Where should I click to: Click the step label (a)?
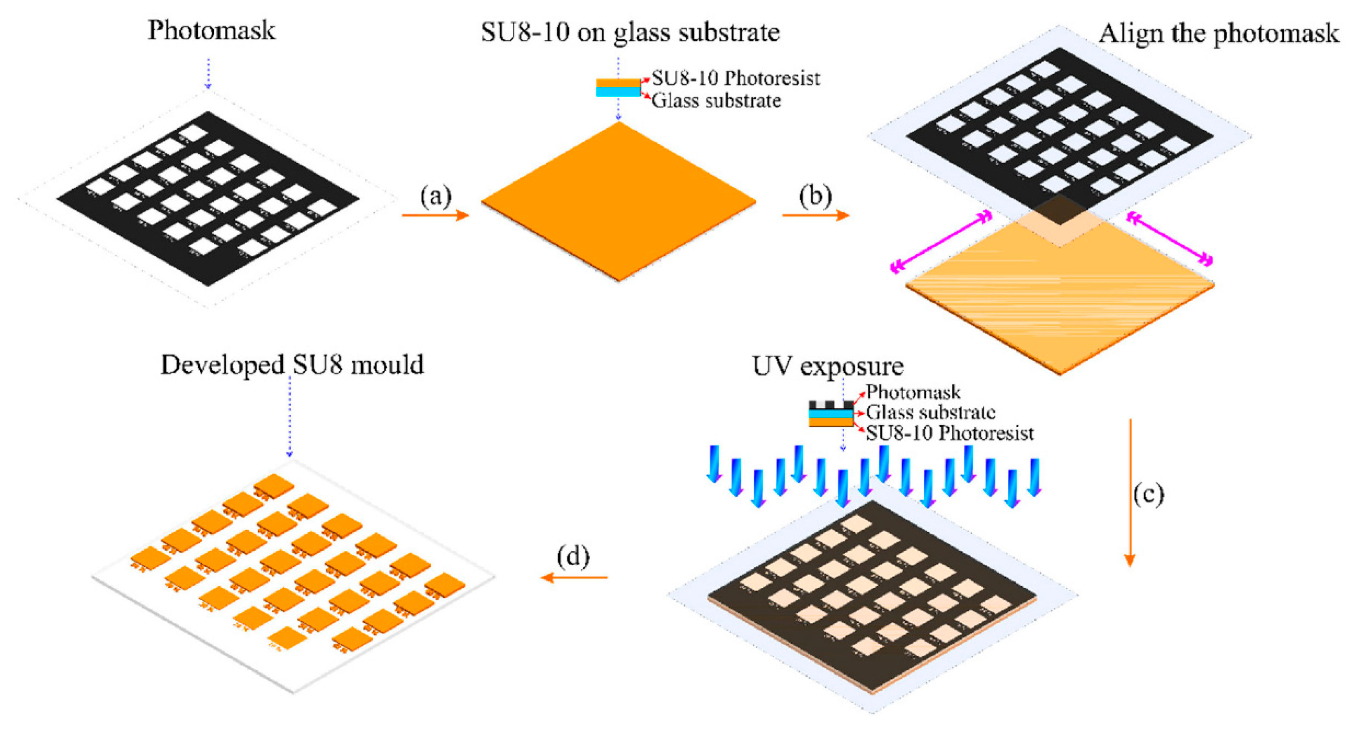point(436,196)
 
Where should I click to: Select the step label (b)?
point(815,196)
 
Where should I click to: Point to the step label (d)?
point(573,557)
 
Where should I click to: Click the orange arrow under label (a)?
point(435,215)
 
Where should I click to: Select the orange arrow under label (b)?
point(815,215)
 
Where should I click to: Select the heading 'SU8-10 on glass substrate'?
point(630,32)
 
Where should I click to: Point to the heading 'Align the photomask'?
point(1219,34)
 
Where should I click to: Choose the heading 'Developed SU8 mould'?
point(292,365)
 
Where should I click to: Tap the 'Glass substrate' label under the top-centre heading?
point(716,101)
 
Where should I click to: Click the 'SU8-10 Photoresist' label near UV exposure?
point(949,433)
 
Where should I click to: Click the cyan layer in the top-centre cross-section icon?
point(618,92)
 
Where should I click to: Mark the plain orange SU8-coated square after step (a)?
point(618,202)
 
